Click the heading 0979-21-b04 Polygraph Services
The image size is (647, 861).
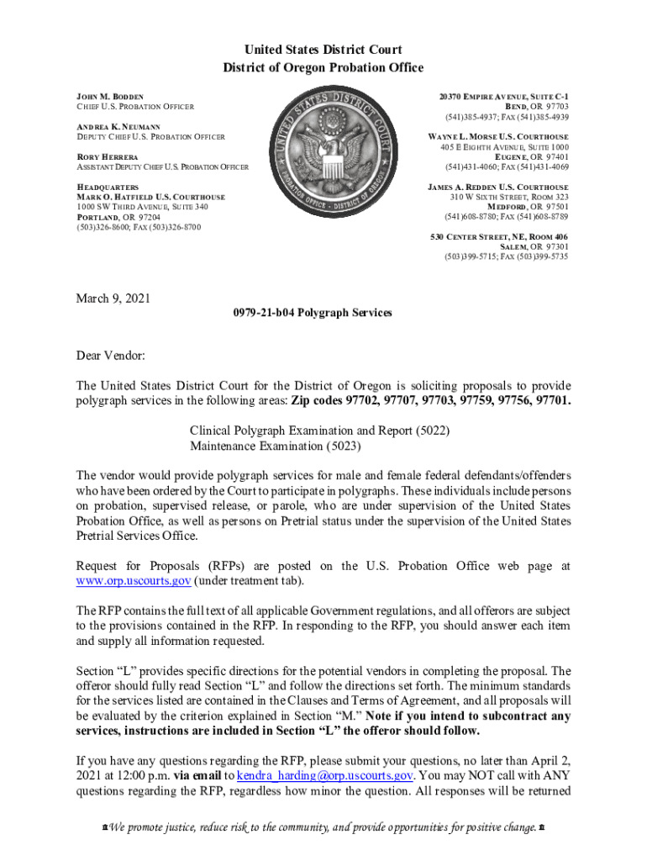point(307,313)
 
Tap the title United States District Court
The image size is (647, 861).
point(323,50)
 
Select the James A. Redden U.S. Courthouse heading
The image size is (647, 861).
point(497,187)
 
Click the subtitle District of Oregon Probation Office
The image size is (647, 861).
point(323,67)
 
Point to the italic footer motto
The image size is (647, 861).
point(323,827)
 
